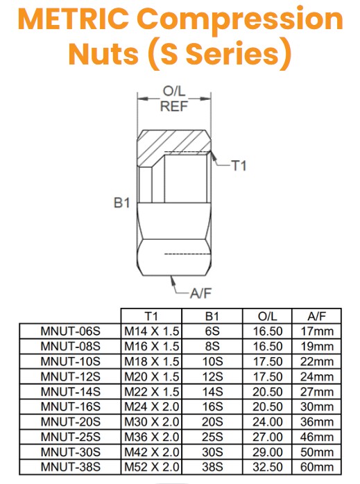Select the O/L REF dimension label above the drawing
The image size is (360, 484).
click(x=171, y=99)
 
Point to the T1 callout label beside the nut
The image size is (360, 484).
click(x=239, y=166)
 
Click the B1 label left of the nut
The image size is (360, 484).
click(x=122, y=203)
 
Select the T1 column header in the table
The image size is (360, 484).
click(x=151, y=315)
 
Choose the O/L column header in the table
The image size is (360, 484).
click(x=266, y=315)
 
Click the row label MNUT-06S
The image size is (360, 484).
click(x=71, y=331)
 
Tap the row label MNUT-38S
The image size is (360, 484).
click(x=71, y=467)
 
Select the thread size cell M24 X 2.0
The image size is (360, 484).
click(x=151, y=406)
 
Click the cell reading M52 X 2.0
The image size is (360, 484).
click(x=151, y=467)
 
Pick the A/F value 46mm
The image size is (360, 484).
click(x=314, y=437)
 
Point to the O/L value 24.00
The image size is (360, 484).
click(x=266, y=422)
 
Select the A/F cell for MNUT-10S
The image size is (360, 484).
click(x=314, y=361)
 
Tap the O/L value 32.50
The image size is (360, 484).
click(x=266, y=467)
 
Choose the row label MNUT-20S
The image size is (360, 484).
click(x=71, y=422)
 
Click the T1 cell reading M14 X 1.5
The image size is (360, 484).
click(x=151, y=331)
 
